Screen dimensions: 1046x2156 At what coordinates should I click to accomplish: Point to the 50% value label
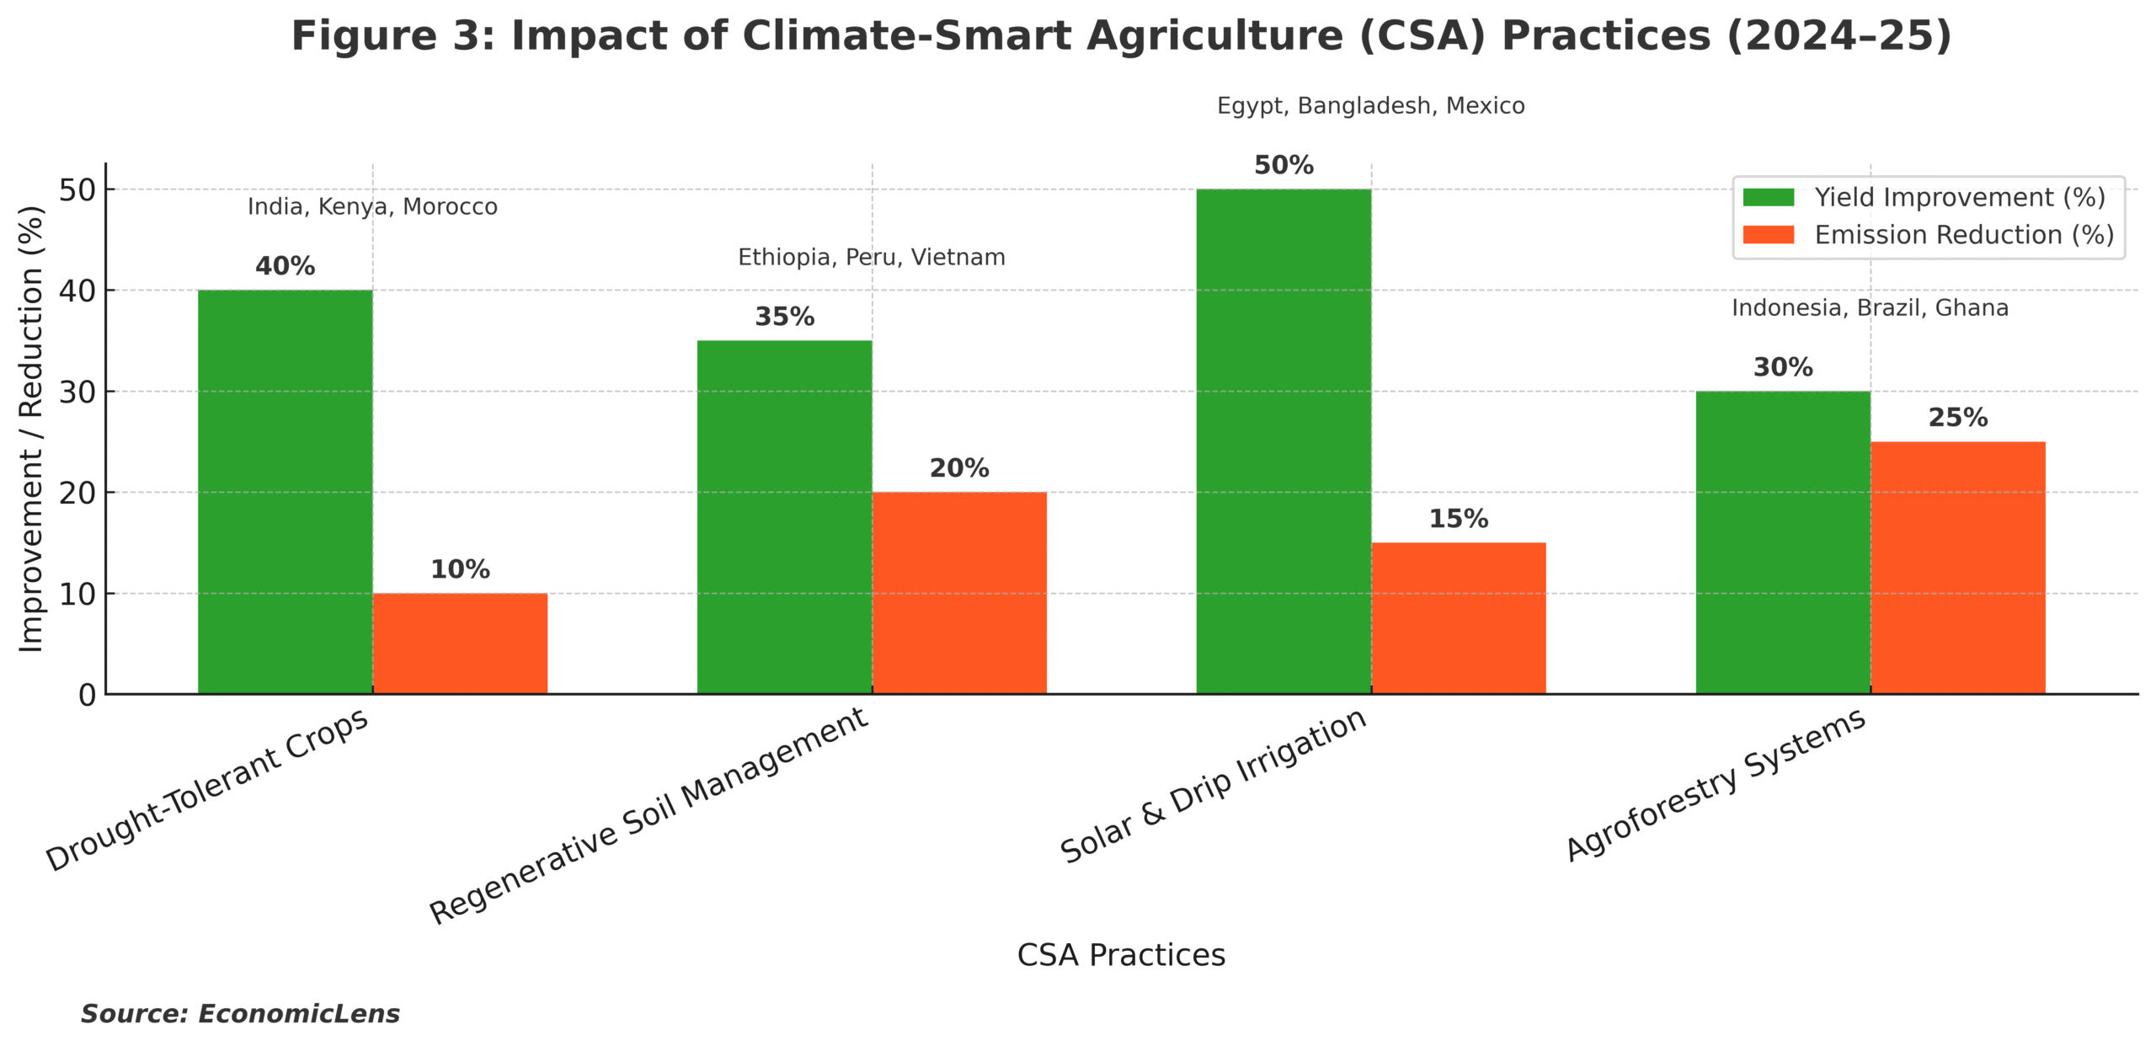pyautogui.click(x=1283, y=165)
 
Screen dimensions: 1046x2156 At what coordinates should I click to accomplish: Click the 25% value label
pyautogui.click(x=1957, y=418)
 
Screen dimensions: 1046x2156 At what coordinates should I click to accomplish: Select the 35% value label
pyautogui.click(x=784, y=317)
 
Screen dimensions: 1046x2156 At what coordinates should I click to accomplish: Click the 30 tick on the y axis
pyautogui.click(x=77, y=392)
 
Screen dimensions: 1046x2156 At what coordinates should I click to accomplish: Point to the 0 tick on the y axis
pyautogui.click(x=88, y=695)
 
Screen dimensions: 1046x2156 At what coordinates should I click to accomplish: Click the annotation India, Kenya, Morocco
pyautogui.click(x=372, y=207)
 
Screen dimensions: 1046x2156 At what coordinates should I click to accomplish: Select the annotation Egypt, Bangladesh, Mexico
pyautogui.click(x=1370, y=106)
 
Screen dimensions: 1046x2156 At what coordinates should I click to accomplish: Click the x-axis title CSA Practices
pyautogui.click(x=1120, y=955)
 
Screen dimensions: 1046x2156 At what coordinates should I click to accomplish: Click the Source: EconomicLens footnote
pyautogui.click(x=240, y=1013)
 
